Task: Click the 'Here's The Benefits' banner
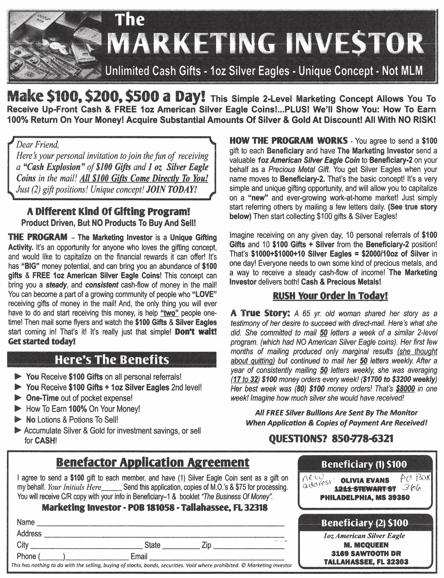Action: coord(112,360)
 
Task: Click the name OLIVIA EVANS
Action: coord(365,480)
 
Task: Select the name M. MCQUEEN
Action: coord(366,545)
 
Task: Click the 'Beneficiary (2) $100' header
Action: coord(365,523)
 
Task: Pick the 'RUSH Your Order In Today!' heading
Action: coord(330,296)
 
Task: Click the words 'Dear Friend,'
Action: coord(38,145)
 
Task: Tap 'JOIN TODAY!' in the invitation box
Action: coord(171,189)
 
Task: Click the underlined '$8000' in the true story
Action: coord(405,389)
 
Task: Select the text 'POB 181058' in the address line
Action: coord(151,507)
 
